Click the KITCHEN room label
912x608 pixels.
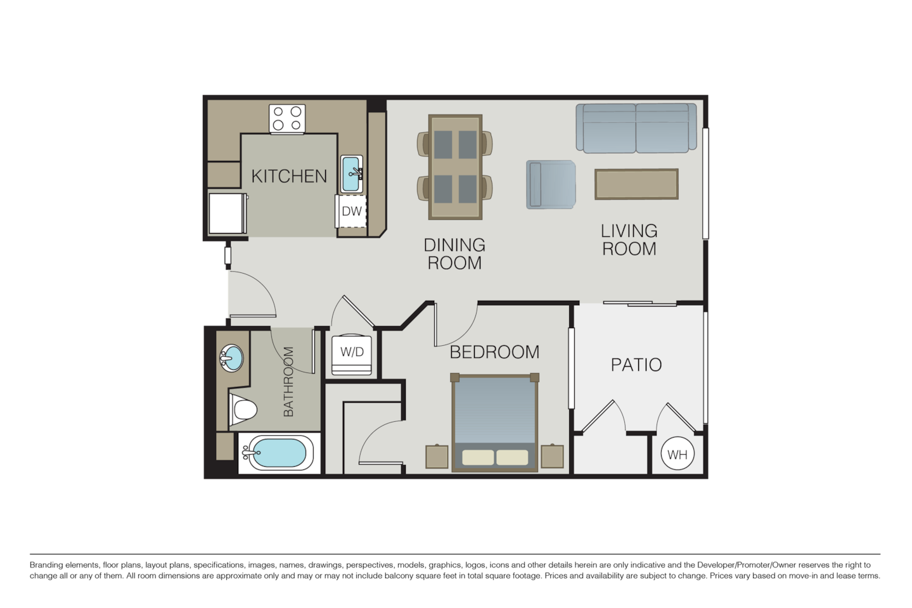click(x=289, y=176)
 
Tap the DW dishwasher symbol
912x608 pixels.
click(x=351, y=212)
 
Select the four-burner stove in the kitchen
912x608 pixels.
click(x=286, y=119)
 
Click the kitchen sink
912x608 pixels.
click(x=352, y=174)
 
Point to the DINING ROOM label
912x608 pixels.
click(x=454, y=253)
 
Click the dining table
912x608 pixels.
click(x=454, y=167)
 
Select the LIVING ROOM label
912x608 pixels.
click(x=629, y=239)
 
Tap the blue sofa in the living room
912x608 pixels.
click(x=636, y=129)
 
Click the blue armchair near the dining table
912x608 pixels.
click(x=551, y=184)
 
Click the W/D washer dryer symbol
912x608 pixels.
click(x=352, y=353)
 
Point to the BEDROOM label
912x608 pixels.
click(x=494, y=352)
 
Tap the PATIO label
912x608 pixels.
click(x=636, y=365)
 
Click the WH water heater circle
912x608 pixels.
click(x=678, y=454)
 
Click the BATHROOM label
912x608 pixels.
click(x=288, y=381)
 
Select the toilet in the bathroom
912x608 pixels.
click(x=242, y=410)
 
